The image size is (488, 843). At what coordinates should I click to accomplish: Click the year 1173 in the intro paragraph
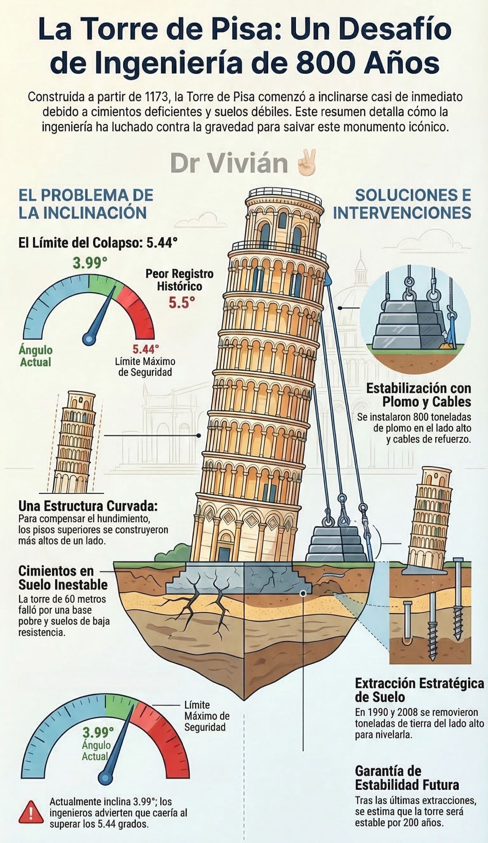tap(155, 97)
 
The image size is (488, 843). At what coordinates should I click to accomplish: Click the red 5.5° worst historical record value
tap(182, 303)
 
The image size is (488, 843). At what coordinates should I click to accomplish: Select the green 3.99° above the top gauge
tap(89, 263)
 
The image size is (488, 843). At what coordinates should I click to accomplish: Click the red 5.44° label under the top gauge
tap(146, 349)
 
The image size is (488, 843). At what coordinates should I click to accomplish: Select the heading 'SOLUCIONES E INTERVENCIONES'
tap(402, 204)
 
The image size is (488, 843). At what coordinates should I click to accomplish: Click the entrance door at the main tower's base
tap(224, 553)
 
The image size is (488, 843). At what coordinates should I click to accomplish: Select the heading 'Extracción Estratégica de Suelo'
tap(419, 690)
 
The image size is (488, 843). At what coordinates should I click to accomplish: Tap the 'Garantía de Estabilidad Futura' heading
tap(407, 778)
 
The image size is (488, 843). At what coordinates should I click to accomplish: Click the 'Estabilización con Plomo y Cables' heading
tap(418, 395)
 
